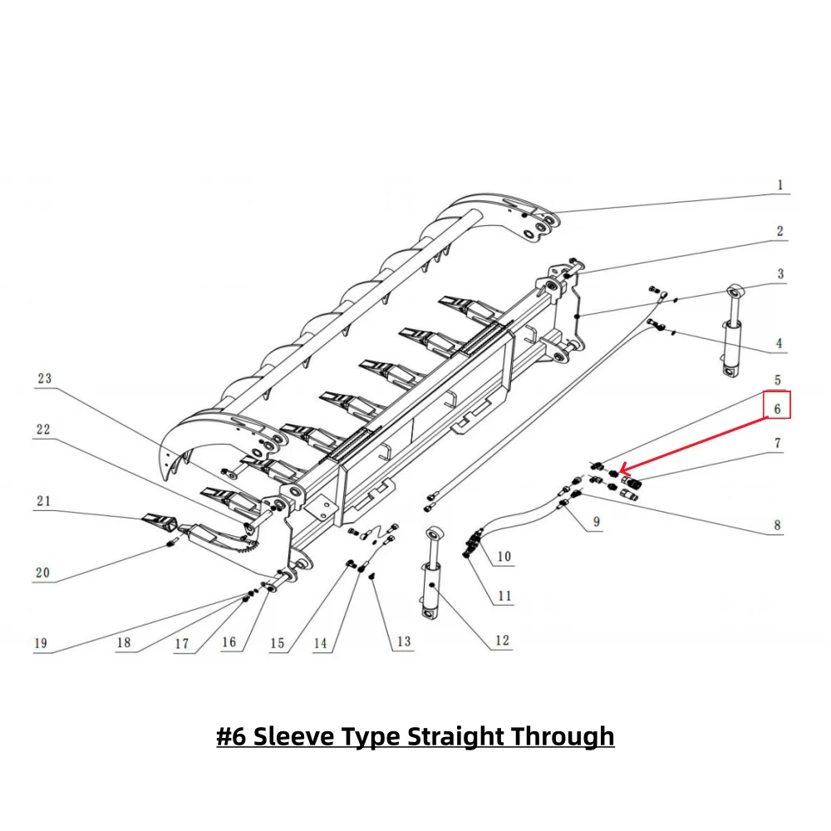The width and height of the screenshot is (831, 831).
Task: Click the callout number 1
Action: pos(779,184)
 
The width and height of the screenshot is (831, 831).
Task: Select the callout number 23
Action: pos(44,378)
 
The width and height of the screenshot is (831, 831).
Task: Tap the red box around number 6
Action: pos(777,405)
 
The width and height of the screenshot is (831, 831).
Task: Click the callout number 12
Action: pos(502,641)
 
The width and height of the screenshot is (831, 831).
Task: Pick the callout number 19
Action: pos(41,643)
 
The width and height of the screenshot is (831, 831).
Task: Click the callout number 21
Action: pos(43,500)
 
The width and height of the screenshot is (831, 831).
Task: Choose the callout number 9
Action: pos(596,523)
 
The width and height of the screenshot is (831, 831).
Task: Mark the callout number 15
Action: pos(277,643)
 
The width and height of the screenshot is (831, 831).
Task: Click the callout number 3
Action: pos(779,273)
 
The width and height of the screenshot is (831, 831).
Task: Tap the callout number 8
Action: pos(777,525)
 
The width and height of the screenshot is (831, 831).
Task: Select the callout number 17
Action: pos(181,643)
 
